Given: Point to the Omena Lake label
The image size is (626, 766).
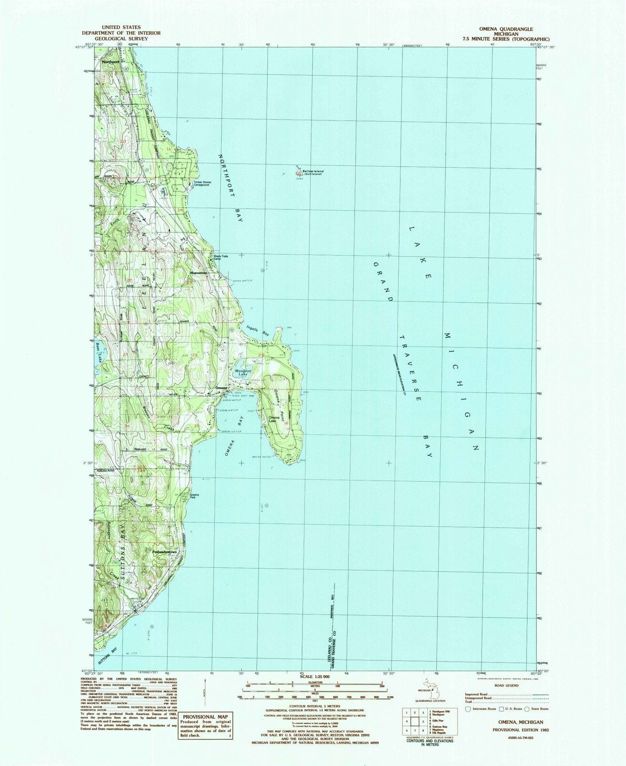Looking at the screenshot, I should click(274, 418).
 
